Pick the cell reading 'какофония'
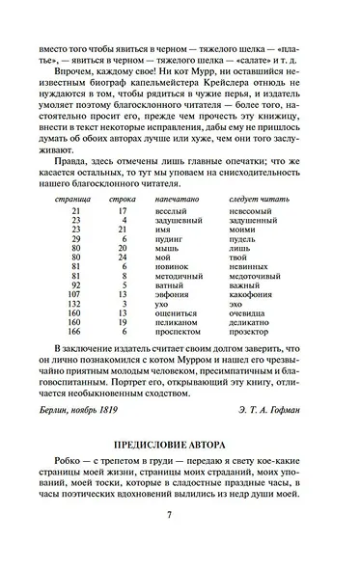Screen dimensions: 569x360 (253, 295)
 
